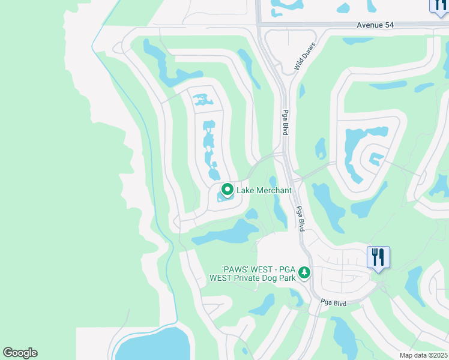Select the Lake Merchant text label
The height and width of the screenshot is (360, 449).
pyautogui.click(x=264, y=190)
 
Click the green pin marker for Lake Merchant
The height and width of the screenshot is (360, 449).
pyautogui.click(x=228, y=190)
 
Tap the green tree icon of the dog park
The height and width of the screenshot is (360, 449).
pyautogui.click(x=304, y=273)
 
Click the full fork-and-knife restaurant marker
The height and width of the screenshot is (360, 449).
pyautogui.click(x=379, y=257)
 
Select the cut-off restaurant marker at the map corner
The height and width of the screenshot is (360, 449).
pyautogui.click(x=440, y=5)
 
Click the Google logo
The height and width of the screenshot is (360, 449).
pyautogui.click(x=20, y=353)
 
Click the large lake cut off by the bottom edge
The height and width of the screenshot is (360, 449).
pyautogui.click(x=153, y=346)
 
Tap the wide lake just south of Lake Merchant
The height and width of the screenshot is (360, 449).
pyautogui.click(x=228, y=232)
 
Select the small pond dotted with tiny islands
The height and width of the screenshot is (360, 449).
pyautogui.click(x=202, y=99)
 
